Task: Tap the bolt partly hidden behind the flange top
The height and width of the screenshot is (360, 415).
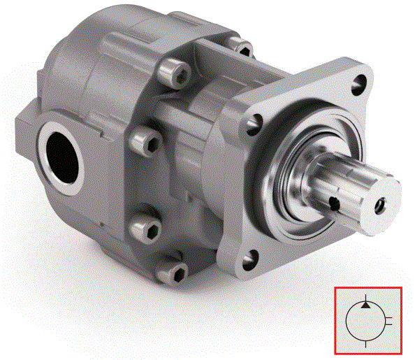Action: [241, 48]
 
